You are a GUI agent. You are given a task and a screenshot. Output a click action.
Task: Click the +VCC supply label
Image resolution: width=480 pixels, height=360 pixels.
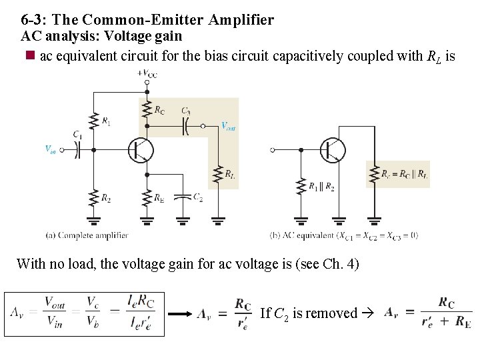[x=148, y=73]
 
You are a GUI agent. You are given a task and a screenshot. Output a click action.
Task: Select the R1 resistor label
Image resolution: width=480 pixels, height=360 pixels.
[x=107, y=121]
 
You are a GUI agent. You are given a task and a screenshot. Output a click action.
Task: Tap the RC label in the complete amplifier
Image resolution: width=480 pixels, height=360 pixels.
[x=160, y=110]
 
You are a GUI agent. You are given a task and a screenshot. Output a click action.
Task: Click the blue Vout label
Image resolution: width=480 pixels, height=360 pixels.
[x=228, y=125]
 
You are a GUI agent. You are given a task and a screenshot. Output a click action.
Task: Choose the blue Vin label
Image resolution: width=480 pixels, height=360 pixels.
[x=51, y=149]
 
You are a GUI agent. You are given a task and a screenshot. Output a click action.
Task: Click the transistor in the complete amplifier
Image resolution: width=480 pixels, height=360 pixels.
[x=141, y=150]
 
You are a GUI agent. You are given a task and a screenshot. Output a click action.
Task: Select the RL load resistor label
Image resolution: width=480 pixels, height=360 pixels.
[x=229, y=175]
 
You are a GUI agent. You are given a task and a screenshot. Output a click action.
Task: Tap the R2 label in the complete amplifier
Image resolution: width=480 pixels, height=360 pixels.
[x=107, y=197]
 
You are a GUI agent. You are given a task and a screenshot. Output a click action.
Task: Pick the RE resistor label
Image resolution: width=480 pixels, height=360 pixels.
[x=159, y=197]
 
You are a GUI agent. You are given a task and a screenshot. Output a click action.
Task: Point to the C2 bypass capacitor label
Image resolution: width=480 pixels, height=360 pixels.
[x=198, y=197]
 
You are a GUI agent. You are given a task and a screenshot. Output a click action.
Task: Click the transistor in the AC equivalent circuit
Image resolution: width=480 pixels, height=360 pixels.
[x=331, y=150]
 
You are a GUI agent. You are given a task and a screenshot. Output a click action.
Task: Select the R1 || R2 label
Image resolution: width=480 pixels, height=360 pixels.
[x=321, y=187]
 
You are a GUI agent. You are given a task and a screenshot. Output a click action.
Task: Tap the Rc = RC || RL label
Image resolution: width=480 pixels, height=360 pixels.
[x=405, y=175]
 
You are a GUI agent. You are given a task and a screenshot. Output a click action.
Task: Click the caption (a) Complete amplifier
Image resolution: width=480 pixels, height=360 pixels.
[x=87, y=235]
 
